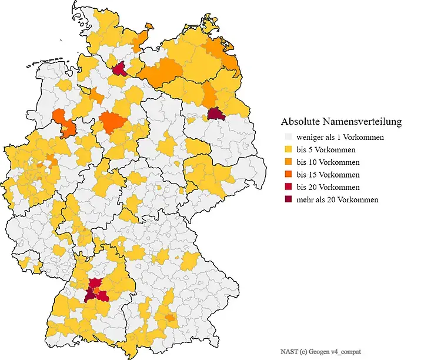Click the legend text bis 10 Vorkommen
[328, 162]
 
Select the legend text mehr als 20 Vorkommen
[338, 199]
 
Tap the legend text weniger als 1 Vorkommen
[340, 138]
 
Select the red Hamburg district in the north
[119, 70]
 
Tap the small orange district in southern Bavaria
[171, 318]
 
